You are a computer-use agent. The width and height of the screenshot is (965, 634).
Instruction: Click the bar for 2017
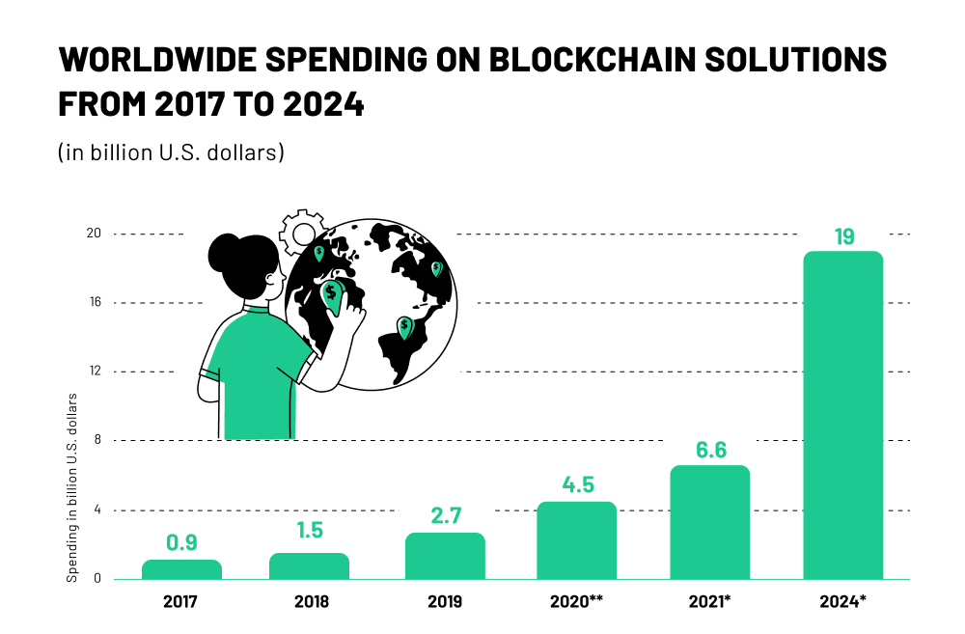[181, 569]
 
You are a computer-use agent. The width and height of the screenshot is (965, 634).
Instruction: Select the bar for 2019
[445, 556]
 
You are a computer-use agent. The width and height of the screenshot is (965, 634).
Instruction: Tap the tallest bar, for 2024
[843, 415]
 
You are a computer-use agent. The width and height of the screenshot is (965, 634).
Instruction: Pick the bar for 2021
[709, 522]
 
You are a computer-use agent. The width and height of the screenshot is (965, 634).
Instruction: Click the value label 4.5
[577, 484]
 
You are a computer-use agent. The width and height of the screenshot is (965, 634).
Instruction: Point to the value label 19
[843, 236]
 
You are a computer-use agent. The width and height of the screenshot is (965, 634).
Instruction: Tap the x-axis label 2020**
[577, 602]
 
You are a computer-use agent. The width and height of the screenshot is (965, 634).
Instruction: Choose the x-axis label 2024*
[843, 602]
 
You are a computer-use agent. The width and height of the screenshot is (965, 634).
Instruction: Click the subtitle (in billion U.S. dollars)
[170, 152]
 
